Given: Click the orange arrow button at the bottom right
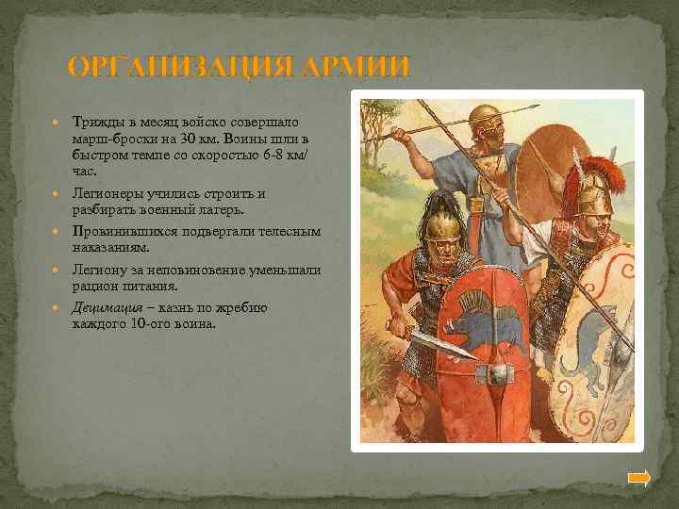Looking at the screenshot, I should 639,478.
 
